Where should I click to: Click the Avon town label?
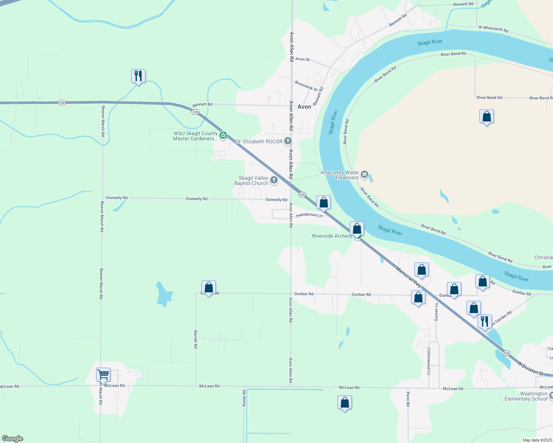(304, 107)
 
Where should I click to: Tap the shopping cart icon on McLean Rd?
(103, 374)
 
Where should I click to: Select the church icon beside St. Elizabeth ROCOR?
(288, 141)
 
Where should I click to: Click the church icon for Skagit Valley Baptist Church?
(274, 180)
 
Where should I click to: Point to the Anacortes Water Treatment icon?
(364, 174)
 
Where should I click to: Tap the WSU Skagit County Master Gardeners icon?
(223, 135)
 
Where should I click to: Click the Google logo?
(13, 439)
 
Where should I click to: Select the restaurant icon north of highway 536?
(138, 76)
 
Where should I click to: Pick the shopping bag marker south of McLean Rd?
(345, 403)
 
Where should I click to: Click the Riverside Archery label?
(332, 236)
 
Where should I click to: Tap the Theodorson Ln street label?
(309, 215)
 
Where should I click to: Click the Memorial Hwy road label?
(408, 277)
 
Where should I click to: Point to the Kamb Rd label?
(244, 398)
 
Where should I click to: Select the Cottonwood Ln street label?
(429, 361)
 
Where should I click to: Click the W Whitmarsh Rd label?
(493, 28)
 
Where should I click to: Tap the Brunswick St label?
(306, 86)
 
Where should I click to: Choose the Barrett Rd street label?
(196, 339)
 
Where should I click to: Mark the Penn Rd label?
(408, 399)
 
